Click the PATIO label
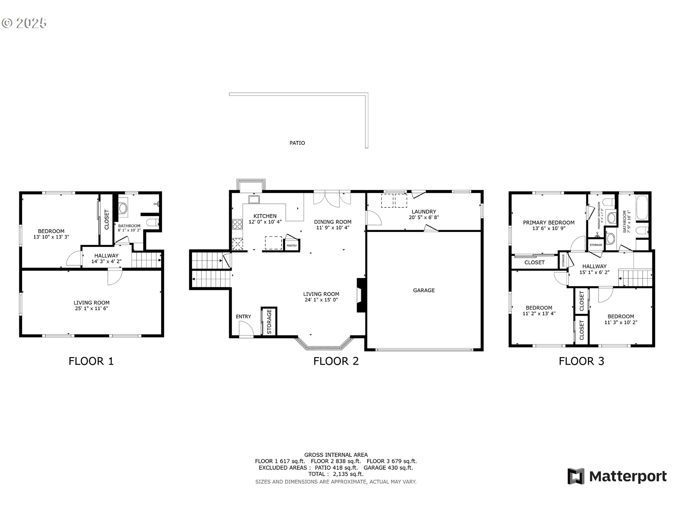click(297, 143)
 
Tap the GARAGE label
click(424, 290)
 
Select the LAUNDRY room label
click(424, 212)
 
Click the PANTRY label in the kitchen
click(292, 246)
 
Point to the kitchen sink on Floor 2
click(254, 200)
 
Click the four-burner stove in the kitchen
click(237, 224)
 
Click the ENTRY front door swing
click(246, 329)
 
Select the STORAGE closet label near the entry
click(269, 322)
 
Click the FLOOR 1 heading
click(91, 361)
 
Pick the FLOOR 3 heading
click(581, 361)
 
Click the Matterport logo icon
click(576, 476)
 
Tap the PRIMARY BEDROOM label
click(549, 222)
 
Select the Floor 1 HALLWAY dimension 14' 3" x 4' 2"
click(106, 261)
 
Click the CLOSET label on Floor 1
click(107, 220)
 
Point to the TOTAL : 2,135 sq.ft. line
click(336, 474)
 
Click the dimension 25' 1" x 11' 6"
click(91, 309)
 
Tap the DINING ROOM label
click(332, 222)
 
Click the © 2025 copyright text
click(24, 23)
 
